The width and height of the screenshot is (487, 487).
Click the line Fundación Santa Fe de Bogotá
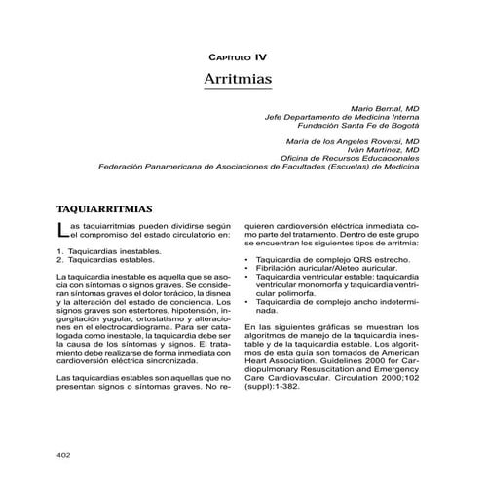(359, 125)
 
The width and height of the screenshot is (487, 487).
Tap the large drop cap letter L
(63, 231)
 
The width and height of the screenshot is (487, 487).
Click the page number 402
(64, 453)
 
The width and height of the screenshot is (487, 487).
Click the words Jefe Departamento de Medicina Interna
(342, 116)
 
